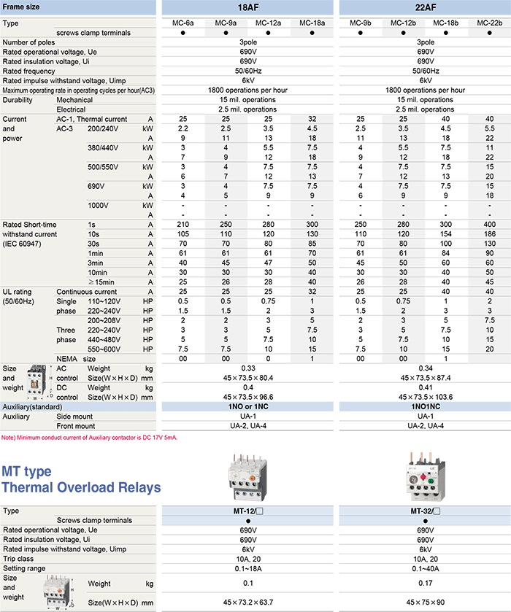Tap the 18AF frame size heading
[249, 7]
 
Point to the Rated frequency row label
[29, 71]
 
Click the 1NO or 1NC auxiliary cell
[249, 406]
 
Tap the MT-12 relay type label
[249, 511]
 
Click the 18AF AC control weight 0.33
[249, 368]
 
